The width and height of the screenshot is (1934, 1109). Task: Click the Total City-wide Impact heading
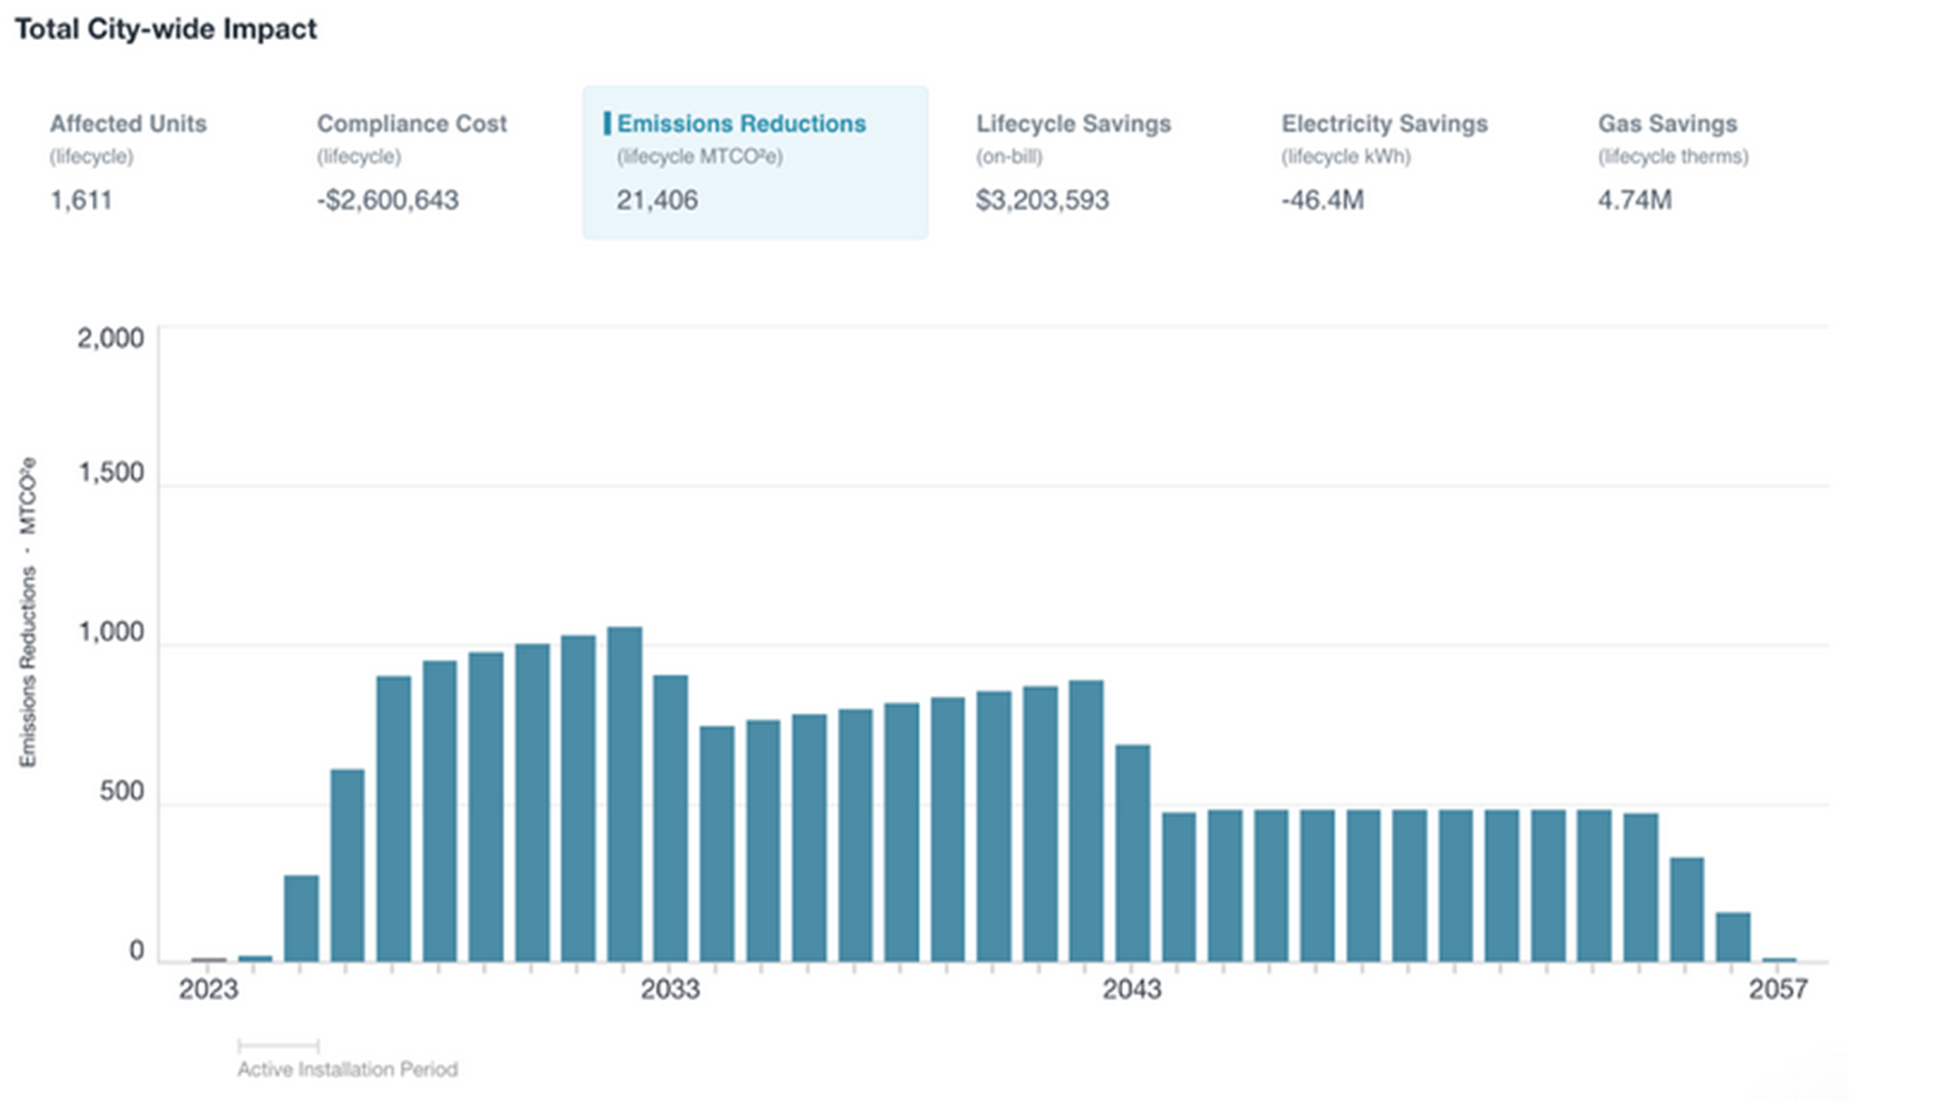(166, 29)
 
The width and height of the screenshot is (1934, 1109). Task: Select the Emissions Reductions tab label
(741, 124)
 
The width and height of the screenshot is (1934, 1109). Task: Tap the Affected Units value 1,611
(81, 200)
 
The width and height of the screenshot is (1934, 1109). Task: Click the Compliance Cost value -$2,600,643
(388, 200)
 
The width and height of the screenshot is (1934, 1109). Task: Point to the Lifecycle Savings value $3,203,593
(1042, 200)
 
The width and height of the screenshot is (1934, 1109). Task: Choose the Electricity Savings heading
(1384, 124)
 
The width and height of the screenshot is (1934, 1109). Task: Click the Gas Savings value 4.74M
(1635, 200)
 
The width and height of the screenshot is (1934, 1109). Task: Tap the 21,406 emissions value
(656, 200)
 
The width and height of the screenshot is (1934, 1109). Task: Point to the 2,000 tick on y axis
(111, 338)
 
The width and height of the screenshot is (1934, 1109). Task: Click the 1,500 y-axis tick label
(111, 472)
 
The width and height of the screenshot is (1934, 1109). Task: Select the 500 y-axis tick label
(122, 791)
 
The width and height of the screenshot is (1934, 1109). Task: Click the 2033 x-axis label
(669, 988)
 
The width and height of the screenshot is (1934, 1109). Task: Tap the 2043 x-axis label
(1132, 988)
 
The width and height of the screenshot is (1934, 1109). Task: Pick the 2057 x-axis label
(1778, 988)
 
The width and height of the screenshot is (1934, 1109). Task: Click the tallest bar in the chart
(625, 795)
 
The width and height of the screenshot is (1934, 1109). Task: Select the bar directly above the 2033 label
(670, 818)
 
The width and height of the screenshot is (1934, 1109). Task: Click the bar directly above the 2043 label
(1133, 852)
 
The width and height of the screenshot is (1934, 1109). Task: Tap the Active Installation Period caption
(348, 1069)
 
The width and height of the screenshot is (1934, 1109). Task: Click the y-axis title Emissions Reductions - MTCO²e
(28, 612)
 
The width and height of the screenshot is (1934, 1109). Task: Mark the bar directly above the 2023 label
(208, 959)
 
